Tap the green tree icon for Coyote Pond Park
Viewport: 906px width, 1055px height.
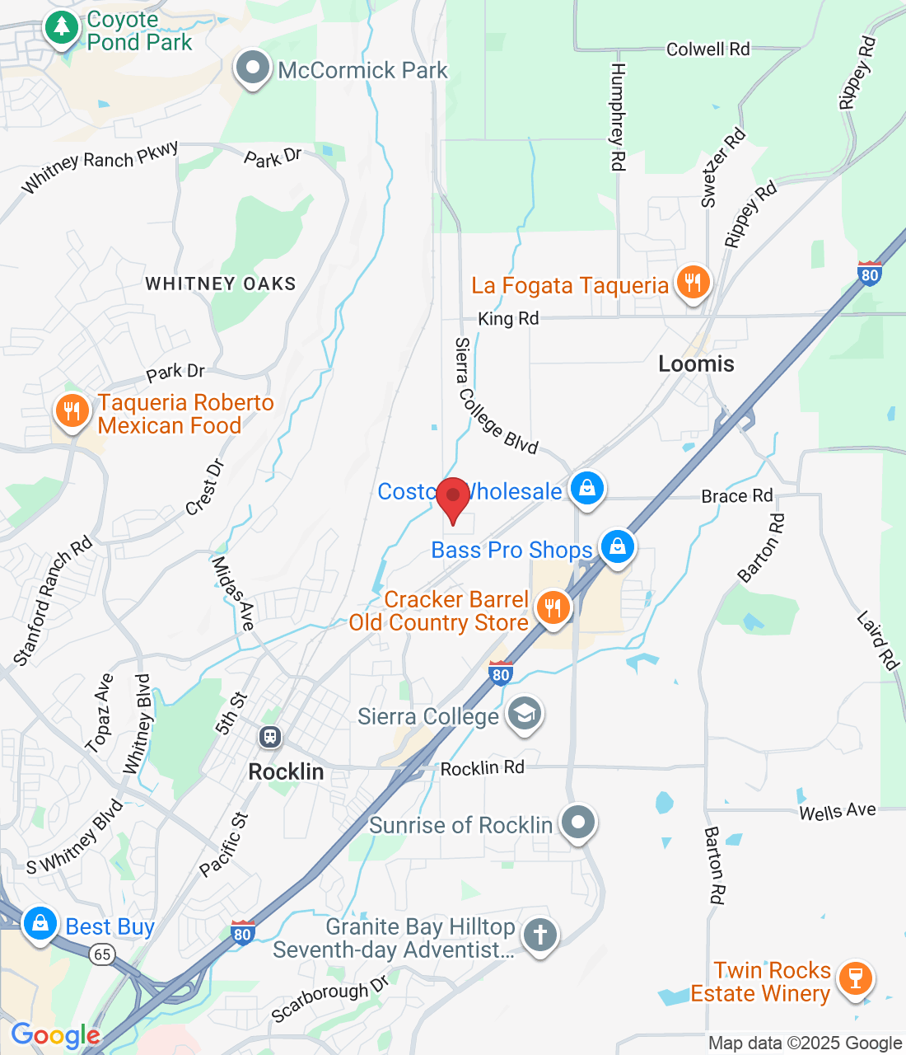(60, 28)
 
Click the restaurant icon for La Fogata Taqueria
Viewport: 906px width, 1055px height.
(694, 283)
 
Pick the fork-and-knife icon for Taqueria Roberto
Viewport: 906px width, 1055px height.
(72, 410)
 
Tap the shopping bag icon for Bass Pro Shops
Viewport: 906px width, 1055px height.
(618, 546)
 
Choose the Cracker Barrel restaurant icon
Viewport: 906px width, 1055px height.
(553, 608)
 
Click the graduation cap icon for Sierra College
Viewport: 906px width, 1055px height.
(525, 714)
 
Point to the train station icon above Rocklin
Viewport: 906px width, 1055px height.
(270, 737)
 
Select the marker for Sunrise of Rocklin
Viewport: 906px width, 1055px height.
(578, 822)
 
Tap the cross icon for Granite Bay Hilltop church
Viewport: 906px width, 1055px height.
(540, 935)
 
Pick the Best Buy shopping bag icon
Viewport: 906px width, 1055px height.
(40, 924)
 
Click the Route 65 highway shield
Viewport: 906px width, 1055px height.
(101, 954)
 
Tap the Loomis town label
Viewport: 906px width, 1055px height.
(696, 363)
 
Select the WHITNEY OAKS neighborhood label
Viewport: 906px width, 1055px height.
(221, 284)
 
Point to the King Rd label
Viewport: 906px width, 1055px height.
(508, 318)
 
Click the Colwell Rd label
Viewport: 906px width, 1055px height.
(708, 49)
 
